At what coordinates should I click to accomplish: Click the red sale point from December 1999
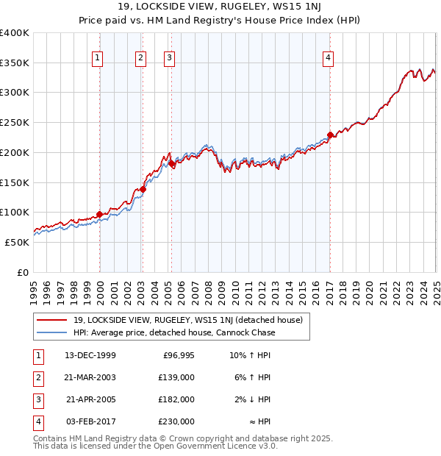coord(100,215)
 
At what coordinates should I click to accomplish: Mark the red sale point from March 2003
coord(143,189)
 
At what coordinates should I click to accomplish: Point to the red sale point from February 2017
coord(331,135)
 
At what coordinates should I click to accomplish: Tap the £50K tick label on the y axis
coord(17,242)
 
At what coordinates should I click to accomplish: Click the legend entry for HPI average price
coord(174,332)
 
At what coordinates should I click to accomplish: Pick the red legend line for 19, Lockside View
coord(51,320)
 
